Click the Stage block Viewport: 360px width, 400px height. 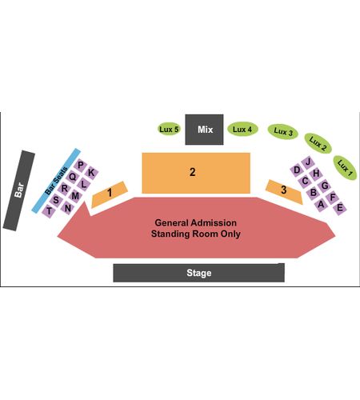click(198, 273)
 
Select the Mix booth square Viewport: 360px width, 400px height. click(204, 130)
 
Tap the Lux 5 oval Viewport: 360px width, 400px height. click(169, 129)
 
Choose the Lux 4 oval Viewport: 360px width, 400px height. click(242, 130)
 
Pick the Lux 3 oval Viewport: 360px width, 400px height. click(283, 132)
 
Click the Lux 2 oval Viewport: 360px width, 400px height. click(318, 143)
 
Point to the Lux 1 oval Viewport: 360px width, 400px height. click(345, 168)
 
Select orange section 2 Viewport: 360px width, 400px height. click(196, 173)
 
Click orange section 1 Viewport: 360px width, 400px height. click(110, 194)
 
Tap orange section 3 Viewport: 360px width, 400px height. click(284, 192)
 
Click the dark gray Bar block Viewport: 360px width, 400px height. click(19, 190)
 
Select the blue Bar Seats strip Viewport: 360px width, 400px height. click(56, 181)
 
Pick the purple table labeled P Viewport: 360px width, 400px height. click(80, 166)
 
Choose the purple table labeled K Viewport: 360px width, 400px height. click(91, 173)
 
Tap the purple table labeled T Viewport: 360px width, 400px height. click(49, 211)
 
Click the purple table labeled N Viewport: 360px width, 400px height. click(68, 208)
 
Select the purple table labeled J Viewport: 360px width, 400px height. click(308, 162)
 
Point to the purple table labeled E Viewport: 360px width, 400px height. click(340, 208)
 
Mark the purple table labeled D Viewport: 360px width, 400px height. click(297, 170)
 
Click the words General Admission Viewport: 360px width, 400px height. click(196, 222)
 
